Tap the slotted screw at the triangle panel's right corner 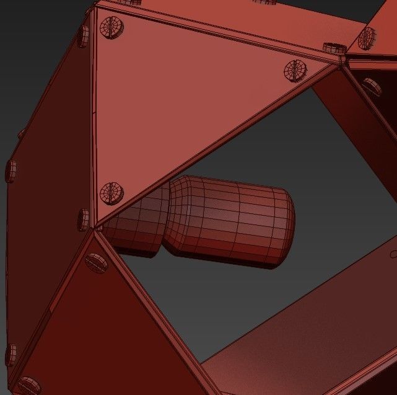click(x=295, y=70)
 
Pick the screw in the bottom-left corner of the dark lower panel click(x=28, y=385)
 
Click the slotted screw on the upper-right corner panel click(x=367, y=39)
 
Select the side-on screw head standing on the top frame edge click(x=334, y=47)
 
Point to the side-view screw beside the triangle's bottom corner click(x=84, y=220)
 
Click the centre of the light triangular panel click(x=186, y=99)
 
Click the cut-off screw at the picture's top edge click(x=263, y=2)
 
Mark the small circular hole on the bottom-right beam click(x=393, y=254)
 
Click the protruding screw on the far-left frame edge click(x=11, y=171)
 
